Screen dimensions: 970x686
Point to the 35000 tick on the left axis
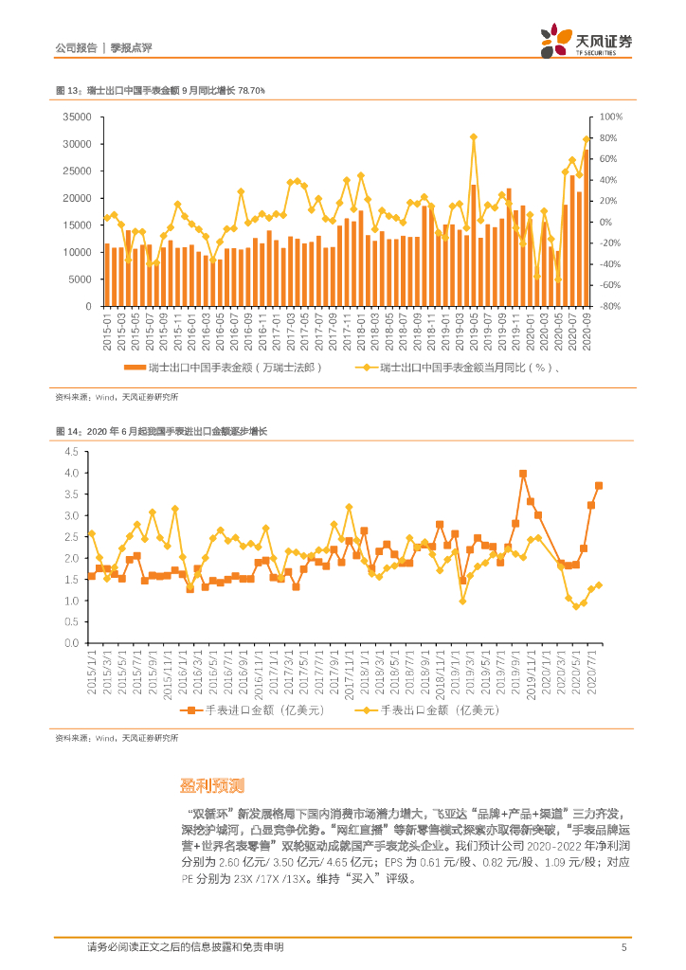(76, 117)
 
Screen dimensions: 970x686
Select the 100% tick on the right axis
(610, 117)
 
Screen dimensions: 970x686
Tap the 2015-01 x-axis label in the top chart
(107, 332)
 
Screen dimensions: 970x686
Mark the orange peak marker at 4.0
(523, 474)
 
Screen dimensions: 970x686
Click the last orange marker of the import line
(598, 486)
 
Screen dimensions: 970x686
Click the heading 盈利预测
(213, 785)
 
